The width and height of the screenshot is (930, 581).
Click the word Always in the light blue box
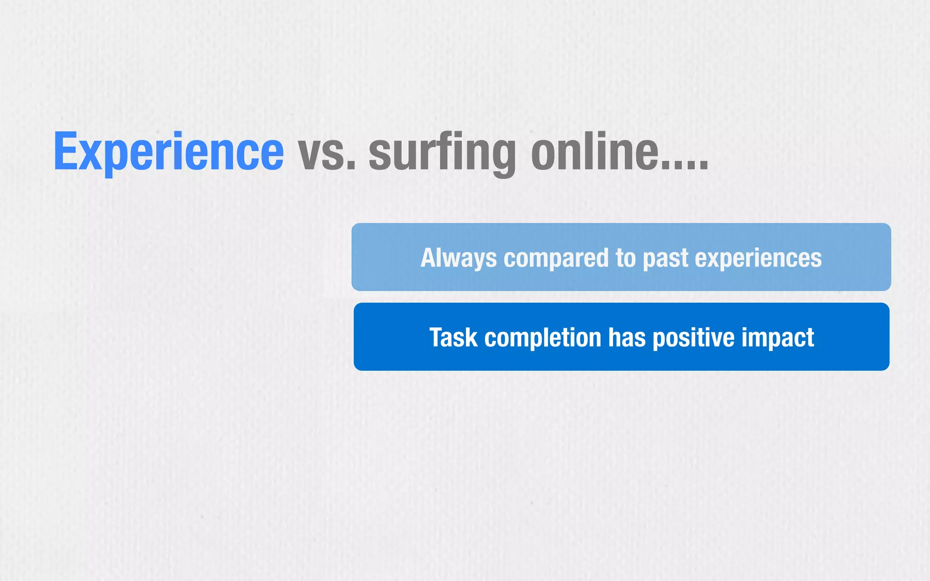pyautogui.click(x=458, y=258)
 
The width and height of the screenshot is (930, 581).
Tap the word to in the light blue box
pyautogui.click(x=626, y=258)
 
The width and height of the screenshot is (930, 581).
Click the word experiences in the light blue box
pyautogui.click(x=758, y=258)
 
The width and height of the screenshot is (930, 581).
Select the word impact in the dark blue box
pyautogui.click(x=778, y=338)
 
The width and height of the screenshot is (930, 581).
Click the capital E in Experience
pyautogui.click(x=65, y=151)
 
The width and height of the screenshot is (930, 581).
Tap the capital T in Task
pyautogui.click(x=437, y=338)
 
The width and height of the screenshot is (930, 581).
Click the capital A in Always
pyautogui.click(x=428, y=258)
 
